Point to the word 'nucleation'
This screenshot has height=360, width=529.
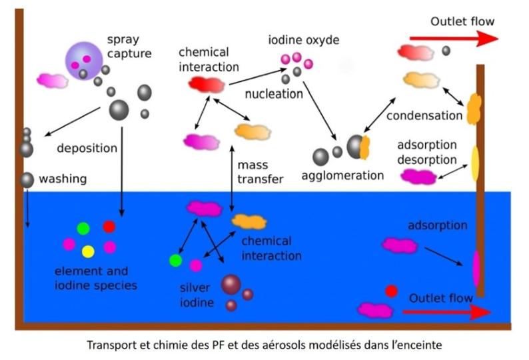coord(273,93)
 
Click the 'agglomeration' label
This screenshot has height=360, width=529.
coord(342,176)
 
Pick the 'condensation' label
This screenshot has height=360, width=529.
coord(424,115)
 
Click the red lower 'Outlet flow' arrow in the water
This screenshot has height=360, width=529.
coord(454,311)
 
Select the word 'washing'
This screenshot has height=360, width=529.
coord(63,179)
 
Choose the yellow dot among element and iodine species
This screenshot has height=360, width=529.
coord(88,251)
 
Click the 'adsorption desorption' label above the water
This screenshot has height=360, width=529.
coord(427,152)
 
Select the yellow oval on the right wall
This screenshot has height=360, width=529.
coord(475,163)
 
